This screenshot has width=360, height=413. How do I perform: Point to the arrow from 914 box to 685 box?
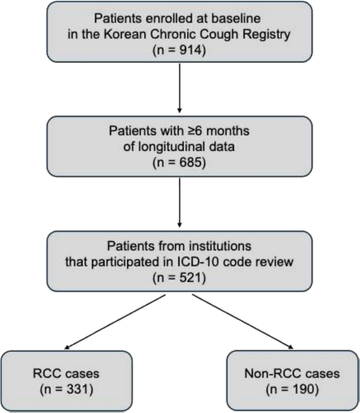click(x=180, y=88)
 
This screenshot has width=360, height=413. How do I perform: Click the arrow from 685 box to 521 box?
click(x=180, y=203)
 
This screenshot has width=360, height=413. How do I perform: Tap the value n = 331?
click(x=66, y=390)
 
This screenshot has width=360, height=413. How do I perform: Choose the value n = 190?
click(x=292, y=390)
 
